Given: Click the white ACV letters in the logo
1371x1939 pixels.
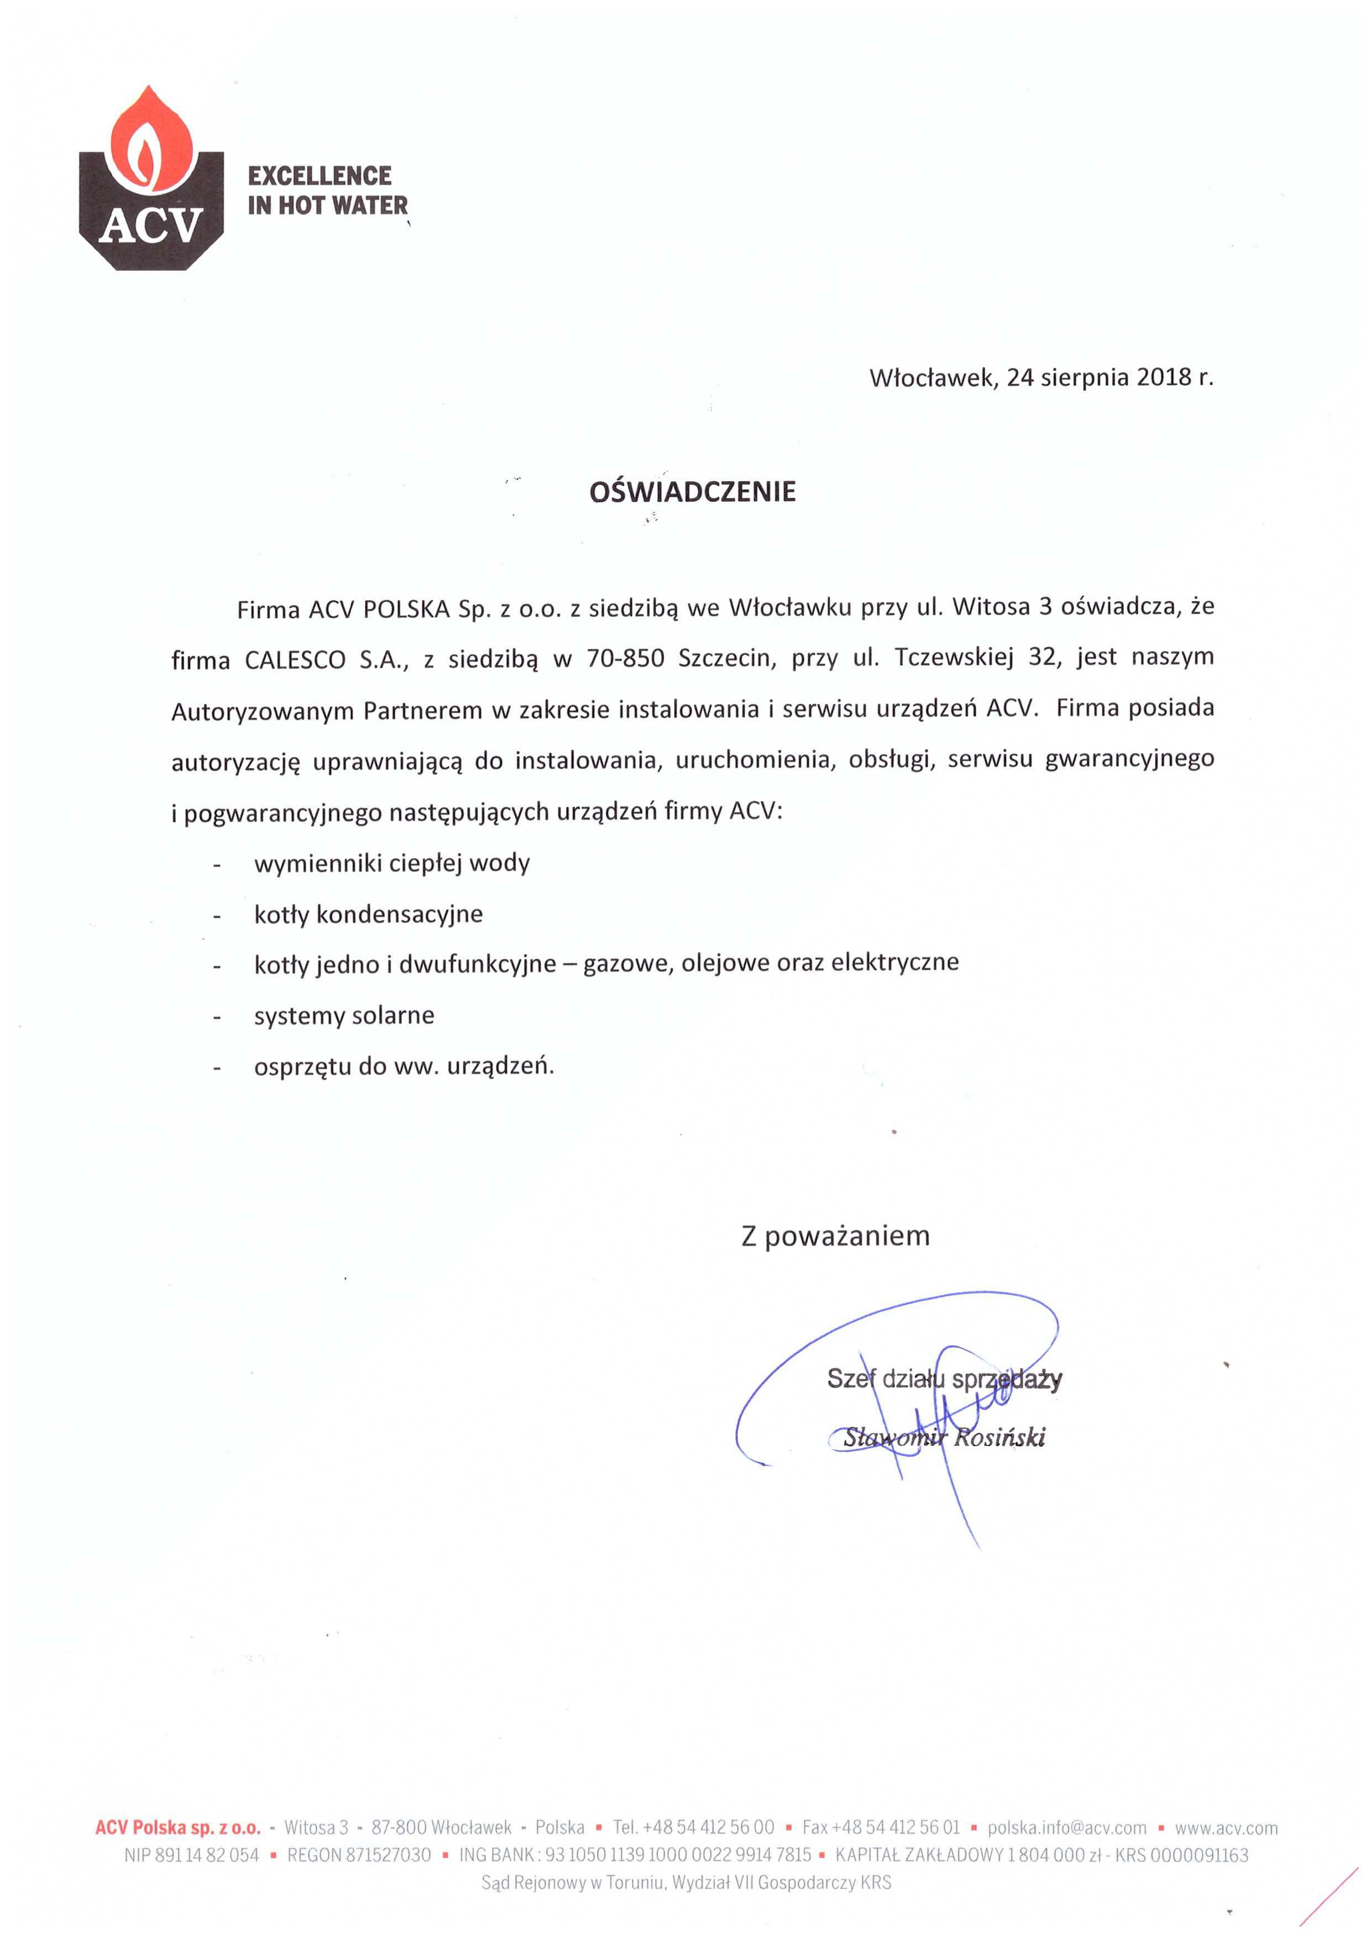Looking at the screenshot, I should [x=150, y=225].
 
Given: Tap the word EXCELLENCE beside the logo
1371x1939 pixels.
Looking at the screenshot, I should [x=320, y=176].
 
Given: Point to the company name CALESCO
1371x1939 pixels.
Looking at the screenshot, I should [x=295, y=660].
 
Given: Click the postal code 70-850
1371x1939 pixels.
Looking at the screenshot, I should [x=625, y=658].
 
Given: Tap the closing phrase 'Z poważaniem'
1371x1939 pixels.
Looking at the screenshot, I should [x=835, y=1236].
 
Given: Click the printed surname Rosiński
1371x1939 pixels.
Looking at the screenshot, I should [x=1000, y=1437].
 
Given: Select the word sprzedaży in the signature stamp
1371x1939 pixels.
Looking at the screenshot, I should [x=1006, y=1379].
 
